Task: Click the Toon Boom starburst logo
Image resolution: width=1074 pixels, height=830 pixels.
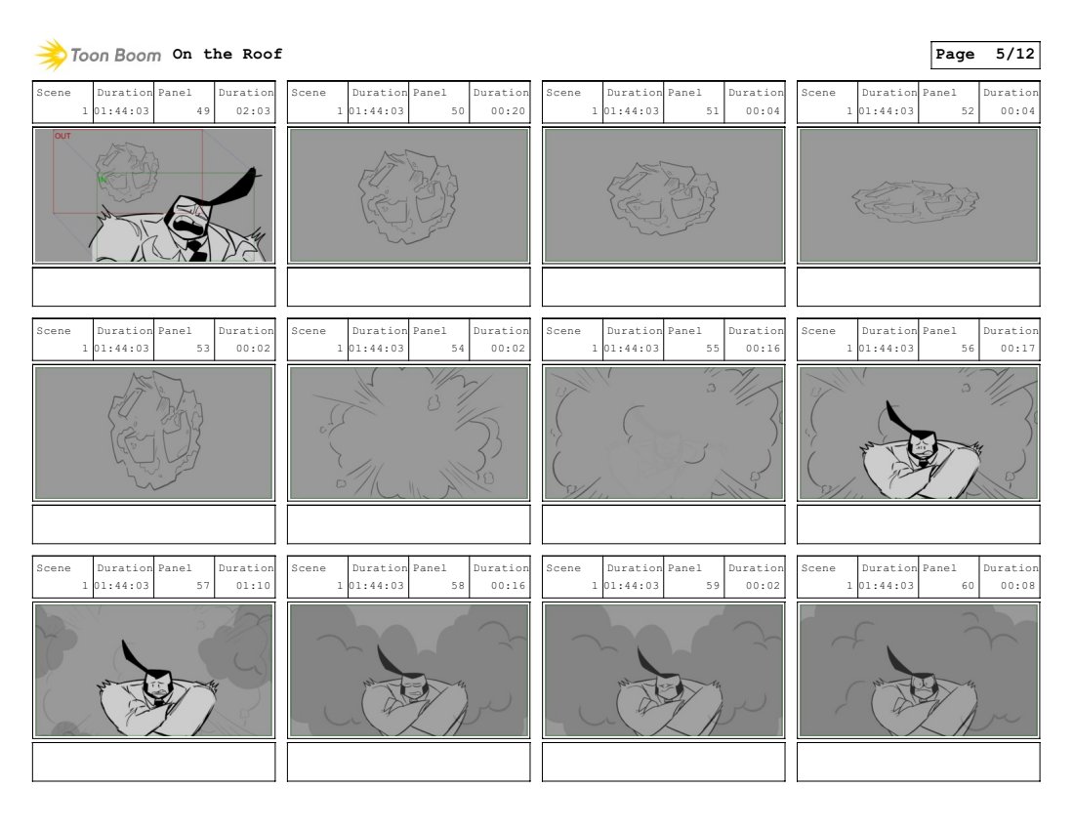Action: point(52,55)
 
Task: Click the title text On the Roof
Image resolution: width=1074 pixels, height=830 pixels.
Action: point(227,54)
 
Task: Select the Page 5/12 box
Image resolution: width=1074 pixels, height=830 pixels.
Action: point(985,55)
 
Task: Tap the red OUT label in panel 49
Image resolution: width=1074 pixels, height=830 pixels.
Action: point(62,136)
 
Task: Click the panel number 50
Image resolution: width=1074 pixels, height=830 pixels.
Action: point(458,111)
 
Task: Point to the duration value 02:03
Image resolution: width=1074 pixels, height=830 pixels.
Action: point(254,111)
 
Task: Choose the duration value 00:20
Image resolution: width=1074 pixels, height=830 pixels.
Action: point(509,111)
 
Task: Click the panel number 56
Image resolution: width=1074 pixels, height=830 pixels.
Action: point(968,348)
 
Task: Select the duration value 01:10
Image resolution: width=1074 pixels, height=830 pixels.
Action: point(254,586)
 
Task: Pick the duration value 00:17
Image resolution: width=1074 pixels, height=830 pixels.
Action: point(1017,348)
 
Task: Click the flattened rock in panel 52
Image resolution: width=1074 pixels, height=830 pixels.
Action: point(915,201)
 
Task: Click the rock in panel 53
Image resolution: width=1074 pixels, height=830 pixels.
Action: point(155,430)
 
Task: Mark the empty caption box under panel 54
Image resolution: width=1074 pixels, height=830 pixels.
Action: point(409,524)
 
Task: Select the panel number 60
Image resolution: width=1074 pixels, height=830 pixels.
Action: point(968,586)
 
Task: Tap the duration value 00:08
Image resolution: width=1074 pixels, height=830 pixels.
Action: point(1017,586)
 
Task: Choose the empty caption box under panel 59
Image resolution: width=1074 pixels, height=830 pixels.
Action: point(664,763)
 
